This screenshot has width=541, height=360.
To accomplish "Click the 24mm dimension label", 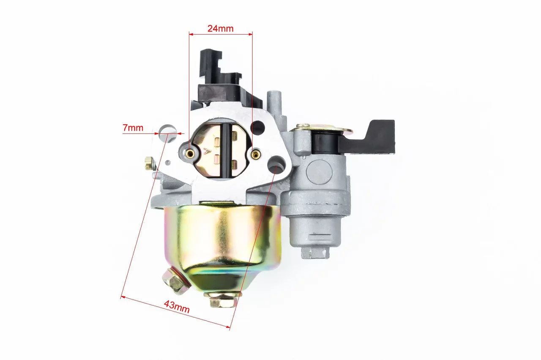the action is coord(221,28).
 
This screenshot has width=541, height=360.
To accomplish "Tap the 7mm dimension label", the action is coord(133,128).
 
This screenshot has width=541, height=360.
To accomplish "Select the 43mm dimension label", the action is coord(177,307).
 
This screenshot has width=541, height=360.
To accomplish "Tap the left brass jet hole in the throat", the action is coord(191,153).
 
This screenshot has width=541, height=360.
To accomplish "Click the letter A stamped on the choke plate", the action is coord(207,151).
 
